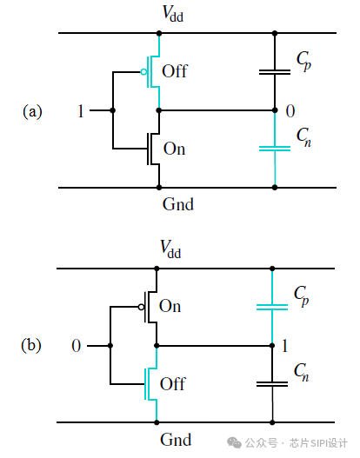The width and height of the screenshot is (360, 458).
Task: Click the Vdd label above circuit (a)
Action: (x=173, y=13)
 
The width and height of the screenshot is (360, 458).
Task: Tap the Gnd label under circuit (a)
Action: (x=178, y=204)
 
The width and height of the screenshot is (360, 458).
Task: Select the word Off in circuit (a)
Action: (x=175, y=71)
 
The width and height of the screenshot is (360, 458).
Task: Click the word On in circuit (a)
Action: (x=175, y=149)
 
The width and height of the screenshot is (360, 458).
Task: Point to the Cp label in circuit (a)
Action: (x=303, y=61)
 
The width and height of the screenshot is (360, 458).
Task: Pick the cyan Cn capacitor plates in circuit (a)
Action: (x=275, y=149)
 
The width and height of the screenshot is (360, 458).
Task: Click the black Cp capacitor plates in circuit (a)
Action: (x=275, y=72)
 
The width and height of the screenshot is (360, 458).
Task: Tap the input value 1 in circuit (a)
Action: (x=81, y=111)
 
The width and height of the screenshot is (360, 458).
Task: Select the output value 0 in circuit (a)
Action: (x=290, y=111)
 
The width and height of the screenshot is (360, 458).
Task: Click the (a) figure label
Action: (x=32, y=111)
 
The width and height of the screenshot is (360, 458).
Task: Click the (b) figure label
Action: (x=31, y=345)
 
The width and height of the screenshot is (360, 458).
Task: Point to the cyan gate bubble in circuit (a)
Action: (x=143, y=72)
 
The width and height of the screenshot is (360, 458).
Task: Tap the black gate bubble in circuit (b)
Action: (x=141, y=307)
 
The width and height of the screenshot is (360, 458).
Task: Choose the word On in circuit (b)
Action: (x=170, y=306)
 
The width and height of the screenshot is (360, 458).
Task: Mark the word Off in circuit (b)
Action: (x=173, y=383)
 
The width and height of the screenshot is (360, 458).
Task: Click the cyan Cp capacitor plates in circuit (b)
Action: (x=272, y=307)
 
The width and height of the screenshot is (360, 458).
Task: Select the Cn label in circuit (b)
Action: (x=301, y=373)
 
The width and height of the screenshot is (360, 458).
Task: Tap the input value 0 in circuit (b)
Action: (x=77, y=346)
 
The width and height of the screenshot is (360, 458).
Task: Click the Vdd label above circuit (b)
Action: (x=170, y=249)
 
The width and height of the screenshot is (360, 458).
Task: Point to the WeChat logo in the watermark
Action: (x=235, y=443)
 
